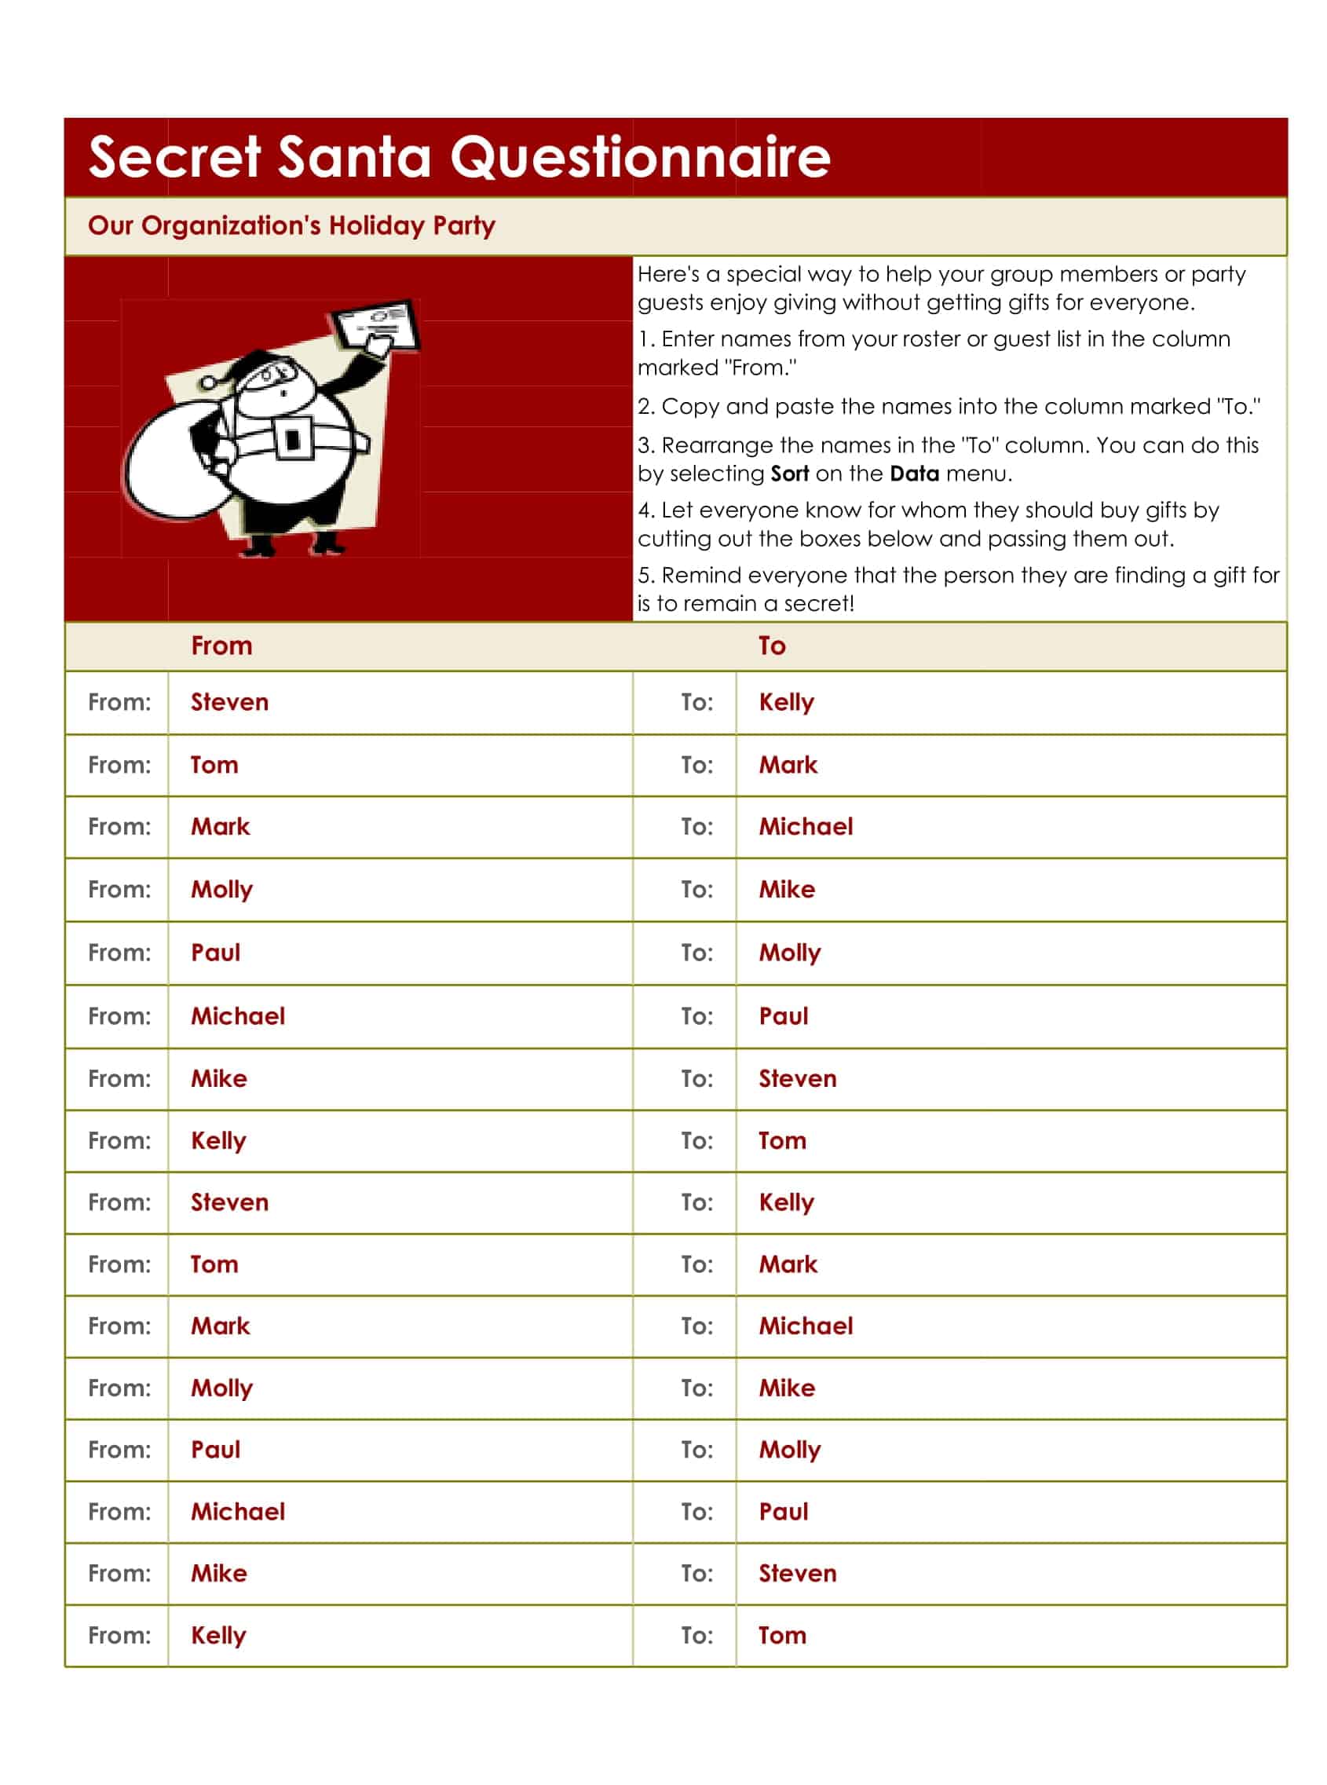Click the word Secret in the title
[x=174, y=156]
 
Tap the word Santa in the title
[x=354, y=156]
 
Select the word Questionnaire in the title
[x=640, y=156]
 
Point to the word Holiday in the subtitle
[x=376, y=225]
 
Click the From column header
[x=221, y=646]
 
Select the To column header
[x=772, y=646]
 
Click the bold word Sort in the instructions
[x=790, y=474]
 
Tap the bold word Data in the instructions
[x=914, y=474]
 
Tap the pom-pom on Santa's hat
[x=211, y=383]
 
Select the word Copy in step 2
[x=690, y=407]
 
